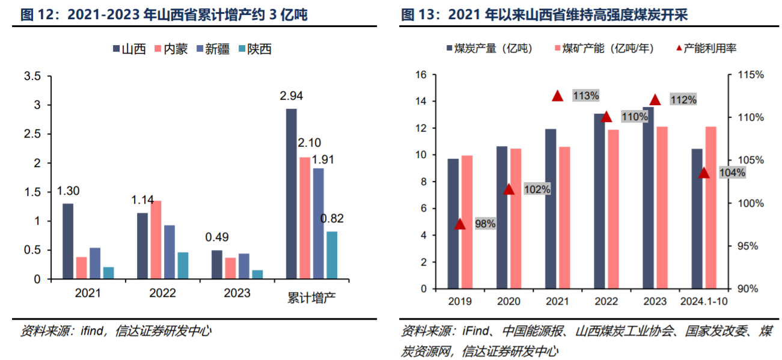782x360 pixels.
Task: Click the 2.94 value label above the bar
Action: [x=291, y=96]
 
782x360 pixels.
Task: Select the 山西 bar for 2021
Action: [x=68, y=241]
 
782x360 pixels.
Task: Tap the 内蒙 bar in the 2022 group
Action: [x=156, y=240]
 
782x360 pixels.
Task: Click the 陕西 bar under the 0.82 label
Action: [x=331, y=255]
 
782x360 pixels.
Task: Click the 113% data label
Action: [x=585, y=95]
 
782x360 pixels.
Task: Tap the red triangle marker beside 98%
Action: [x=460, y=224]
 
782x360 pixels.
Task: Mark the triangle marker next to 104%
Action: [x=704, y=173]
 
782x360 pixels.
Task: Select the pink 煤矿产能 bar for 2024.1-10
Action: [x=710, y=207]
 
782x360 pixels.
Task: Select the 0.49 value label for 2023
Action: [x=216, y=237]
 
